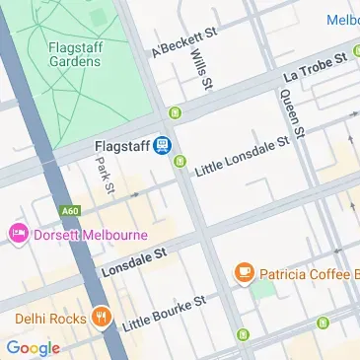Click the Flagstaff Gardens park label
(74, 53)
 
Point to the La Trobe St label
(317, 65)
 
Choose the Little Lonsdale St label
(241, 154)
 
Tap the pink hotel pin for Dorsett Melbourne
(18, 235)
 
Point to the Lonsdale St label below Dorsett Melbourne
(134, 261)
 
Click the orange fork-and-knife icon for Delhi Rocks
(100, 318)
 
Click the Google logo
(33, 347)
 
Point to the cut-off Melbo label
(341, 20)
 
